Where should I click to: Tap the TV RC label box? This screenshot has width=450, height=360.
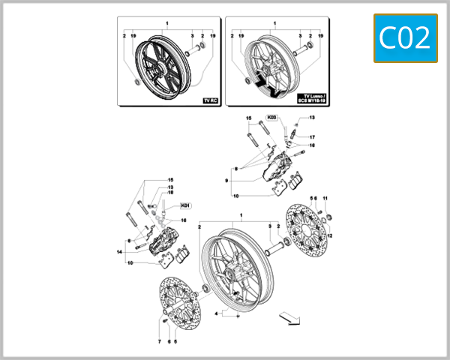point(211,100)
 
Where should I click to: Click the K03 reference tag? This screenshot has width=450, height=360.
point(272,118)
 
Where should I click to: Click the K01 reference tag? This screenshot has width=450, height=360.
point(186,205)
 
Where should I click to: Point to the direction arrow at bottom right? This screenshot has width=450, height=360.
point(286,318)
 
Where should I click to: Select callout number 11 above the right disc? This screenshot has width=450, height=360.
point(325,197)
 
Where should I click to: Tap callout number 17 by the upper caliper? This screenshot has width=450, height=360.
point(312,137)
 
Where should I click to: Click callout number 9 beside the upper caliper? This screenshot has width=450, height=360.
point(225,181)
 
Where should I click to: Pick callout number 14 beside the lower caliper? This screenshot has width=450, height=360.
point(118,252)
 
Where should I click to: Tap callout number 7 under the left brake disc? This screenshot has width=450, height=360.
point(159,341)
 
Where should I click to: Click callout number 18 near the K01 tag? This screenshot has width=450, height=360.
point(170,193)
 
